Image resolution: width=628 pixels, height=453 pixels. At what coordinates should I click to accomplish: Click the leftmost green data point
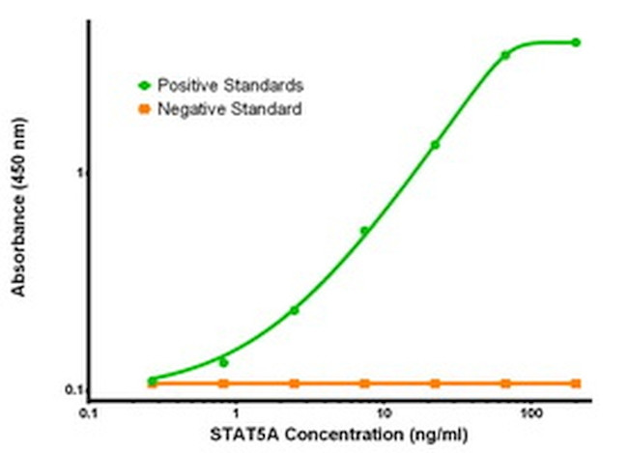tap(153, 380)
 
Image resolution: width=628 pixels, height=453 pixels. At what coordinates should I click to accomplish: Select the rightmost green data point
tap(576, 42)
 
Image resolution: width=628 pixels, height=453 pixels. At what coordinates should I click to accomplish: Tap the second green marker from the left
tap(223, 362)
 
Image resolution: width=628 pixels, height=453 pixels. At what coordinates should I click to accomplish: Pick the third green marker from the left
tap(294, 310)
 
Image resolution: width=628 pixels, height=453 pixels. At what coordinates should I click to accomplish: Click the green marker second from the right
tap(505, 55)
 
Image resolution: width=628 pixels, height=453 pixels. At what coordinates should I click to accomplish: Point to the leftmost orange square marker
tap(153, 383)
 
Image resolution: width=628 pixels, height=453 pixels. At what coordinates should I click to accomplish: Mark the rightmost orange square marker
tap(576, 383)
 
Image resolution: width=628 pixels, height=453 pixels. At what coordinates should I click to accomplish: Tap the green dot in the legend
tap(145, 86)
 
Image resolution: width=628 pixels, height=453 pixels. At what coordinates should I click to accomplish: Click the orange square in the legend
tap(145, 109)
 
